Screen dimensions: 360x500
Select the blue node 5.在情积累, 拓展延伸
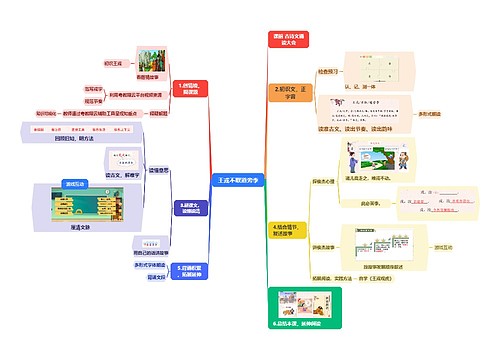click(191, 272)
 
